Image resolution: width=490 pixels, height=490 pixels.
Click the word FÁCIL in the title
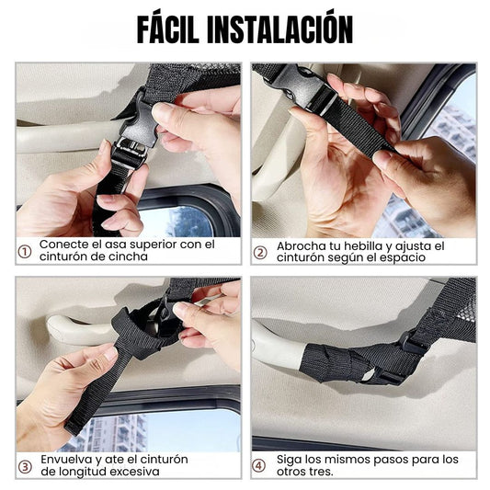168,28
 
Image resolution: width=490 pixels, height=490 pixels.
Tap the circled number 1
25,252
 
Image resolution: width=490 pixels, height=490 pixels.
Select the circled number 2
260,253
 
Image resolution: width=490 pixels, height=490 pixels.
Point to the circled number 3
25,467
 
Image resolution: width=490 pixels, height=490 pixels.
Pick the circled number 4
258,465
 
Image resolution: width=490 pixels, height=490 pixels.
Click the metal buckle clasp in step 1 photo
131,150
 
